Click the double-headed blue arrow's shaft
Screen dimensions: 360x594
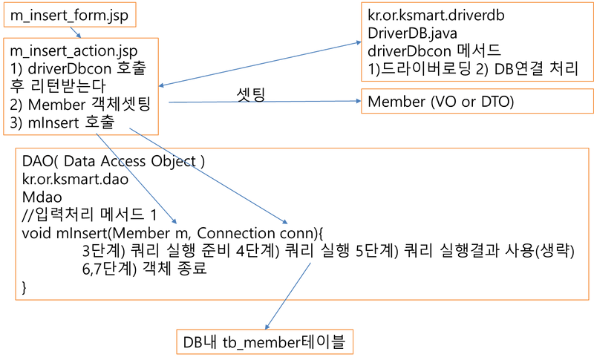(260, 65)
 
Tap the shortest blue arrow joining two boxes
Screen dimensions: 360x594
(74, 32)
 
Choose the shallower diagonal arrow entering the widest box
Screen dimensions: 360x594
(208, 175)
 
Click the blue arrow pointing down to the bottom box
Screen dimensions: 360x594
(288, 294)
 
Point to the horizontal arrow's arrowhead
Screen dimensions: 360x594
(357, 101)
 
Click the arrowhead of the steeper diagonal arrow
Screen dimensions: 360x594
(174, 221)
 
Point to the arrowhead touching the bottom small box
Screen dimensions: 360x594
(268, 324)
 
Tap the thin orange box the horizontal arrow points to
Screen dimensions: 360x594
(476, 101)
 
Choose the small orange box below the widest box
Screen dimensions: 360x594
(264, 341)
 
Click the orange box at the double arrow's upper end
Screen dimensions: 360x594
(476, 42)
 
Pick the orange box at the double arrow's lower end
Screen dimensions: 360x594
(81, 86)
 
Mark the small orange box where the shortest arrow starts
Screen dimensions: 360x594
(69, 14)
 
